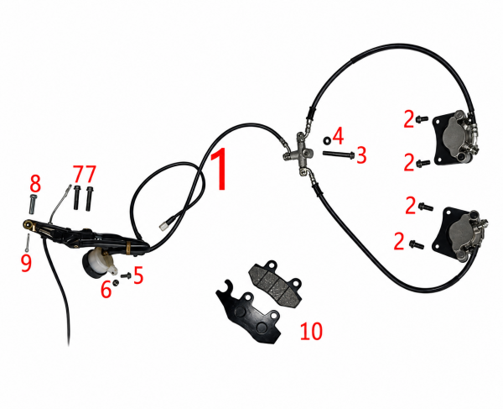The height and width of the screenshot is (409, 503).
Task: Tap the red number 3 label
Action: coord(361,155)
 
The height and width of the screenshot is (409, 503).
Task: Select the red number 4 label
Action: coord(338,136)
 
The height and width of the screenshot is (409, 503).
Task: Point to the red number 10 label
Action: coord(311,331)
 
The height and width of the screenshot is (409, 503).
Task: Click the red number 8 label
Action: coord(35,183)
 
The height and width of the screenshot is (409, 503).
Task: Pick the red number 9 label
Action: coord(27,263)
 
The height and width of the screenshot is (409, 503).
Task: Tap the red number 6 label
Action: coord(106,290)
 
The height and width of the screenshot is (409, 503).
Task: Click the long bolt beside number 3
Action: coord(338,155)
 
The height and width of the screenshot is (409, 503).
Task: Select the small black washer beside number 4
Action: coord(327,140)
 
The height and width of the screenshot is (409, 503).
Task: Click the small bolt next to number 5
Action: coord(126,275)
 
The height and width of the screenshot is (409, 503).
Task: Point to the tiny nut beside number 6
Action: coord(116,283)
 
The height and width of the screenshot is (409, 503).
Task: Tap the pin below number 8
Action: coord(34,204)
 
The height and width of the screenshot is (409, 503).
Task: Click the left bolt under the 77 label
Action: coord(76,197)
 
